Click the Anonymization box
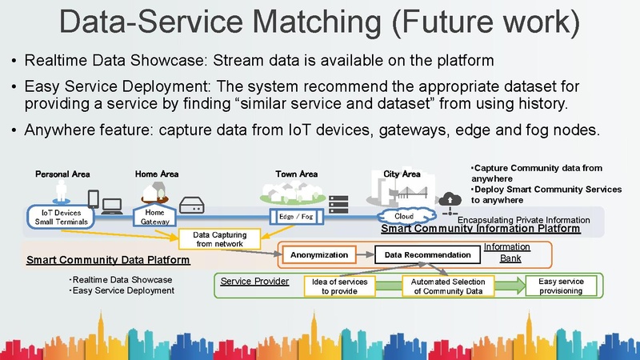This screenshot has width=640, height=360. click(319, 254)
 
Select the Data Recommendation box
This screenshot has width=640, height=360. click(427, 254)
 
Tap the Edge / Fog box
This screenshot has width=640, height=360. click(297, 217)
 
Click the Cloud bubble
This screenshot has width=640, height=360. click(404, 216)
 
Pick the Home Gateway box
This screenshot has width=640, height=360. click(154, 217)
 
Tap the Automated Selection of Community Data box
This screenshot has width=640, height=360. click(448, 286)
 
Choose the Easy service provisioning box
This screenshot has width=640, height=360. click(561, 286)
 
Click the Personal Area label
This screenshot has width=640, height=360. click(62, 174)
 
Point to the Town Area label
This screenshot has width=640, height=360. click(297, 174)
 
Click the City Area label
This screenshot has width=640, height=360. click(402, 174)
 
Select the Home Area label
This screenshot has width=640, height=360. click(157, 174)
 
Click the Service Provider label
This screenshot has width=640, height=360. click(254, 282)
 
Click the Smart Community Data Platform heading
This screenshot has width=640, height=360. click(108, 260)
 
